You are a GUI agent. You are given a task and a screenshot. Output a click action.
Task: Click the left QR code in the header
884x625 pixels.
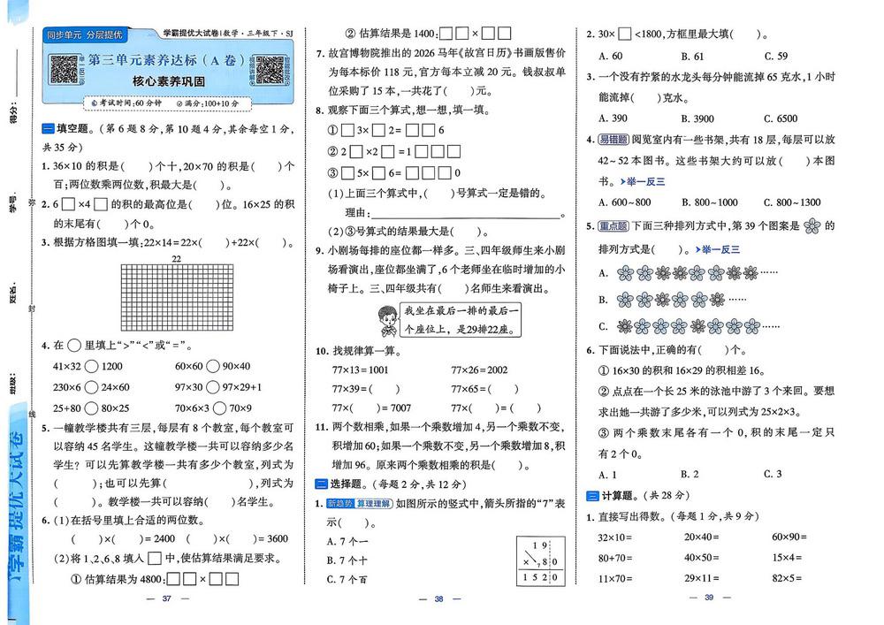tap(65, 70)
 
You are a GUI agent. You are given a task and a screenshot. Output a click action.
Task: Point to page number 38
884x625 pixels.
tap(438, 600)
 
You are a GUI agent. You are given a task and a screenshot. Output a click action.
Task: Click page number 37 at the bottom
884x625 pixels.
tap(164, 600)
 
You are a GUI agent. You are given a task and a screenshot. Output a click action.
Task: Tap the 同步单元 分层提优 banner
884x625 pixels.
tap(85, 34)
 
